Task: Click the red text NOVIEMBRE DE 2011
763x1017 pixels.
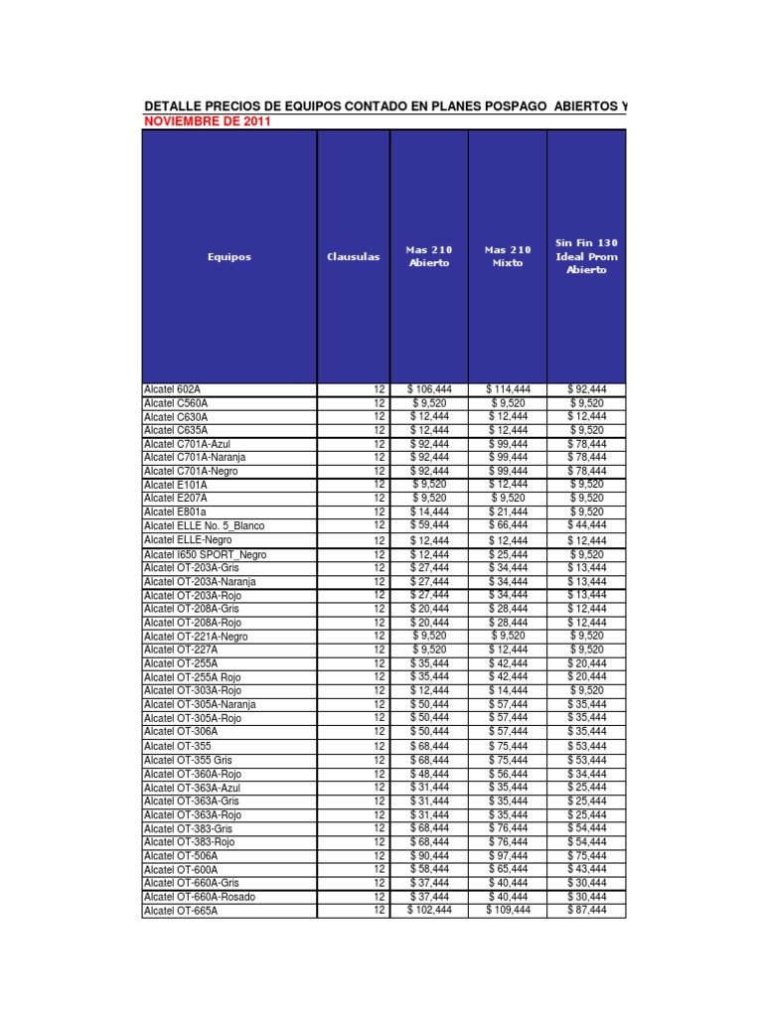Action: pos(207,121)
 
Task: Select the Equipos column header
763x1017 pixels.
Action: pos(229,256)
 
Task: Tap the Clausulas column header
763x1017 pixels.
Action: pos(353,256)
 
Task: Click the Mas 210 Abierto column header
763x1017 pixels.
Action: pos(429,256)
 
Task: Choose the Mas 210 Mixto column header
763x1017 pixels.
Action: pos(508,256)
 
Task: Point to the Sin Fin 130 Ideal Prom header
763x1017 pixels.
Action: pos(586,256)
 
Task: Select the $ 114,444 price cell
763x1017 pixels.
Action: pos(508,389)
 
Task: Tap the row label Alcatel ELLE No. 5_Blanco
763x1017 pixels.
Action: pos(204,525)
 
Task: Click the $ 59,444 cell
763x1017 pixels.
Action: pos(429,524)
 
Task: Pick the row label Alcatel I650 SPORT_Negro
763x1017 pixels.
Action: pos(205,554)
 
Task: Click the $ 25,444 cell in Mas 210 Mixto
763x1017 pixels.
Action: pos(508,553)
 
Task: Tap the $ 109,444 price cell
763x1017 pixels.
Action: pos(508,909)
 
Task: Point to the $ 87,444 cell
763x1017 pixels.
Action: pos(586,909)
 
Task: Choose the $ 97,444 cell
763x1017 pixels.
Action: pos(508,855)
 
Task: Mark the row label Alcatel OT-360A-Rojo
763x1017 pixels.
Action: pos(192,774)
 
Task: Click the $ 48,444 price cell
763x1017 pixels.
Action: pos(429,773)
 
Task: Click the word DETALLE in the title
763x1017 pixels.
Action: pos(173,105)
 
